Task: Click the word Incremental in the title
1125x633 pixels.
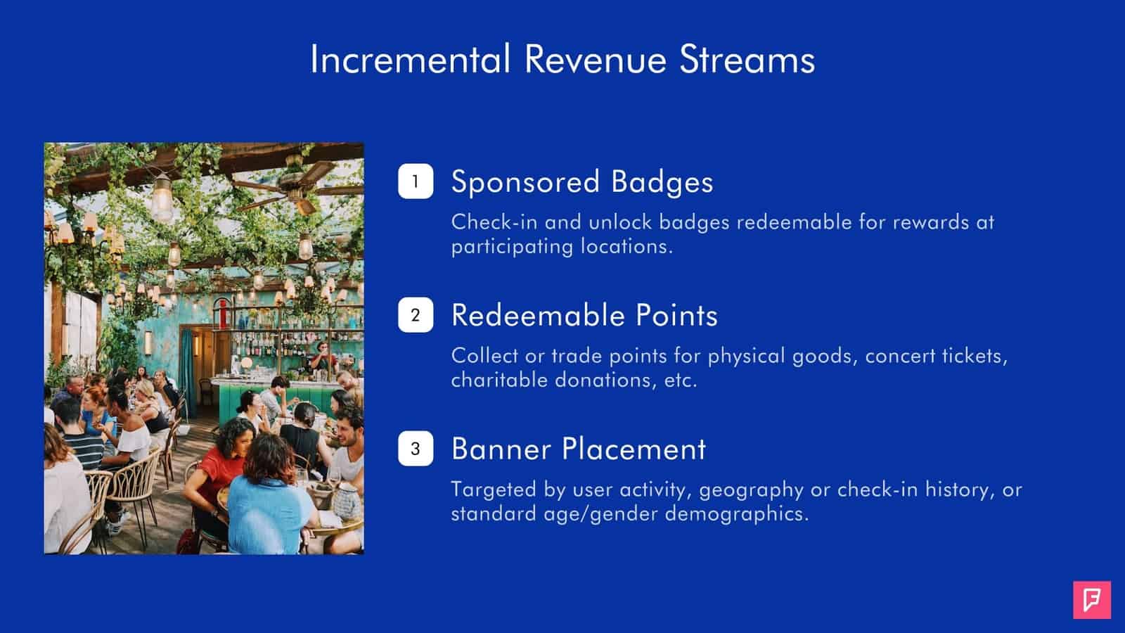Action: pyautogui.click(x=411, y=59)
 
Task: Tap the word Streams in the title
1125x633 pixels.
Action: pyautogui.click(x=747, y=59)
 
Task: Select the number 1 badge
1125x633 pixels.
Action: pyautogui.click(x=416, y=181)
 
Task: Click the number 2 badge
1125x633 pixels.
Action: pyautogui.click(x=416, y=315)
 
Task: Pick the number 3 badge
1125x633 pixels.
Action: pyautogui.click(x=416, y=449)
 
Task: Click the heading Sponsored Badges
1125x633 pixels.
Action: pyautogui.click(x=582, y=182)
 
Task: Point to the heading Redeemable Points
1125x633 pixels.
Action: pyautogui.click(x=584, y=316)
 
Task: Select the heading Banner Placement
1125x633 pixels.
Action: pyautogui.click(x=579, y=449)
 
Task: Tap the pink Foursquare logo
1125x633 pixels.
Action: pyautogui.click(x=1092, y=600)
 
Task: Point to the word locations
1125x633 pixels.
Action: pyautogui.click(x=626, y=247)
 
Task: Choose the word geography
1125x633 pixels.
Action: pyautogui.click(x=751, y=490)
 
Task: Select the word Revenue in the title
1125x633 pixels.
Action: pyautogui.click(x=595, y=59)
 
